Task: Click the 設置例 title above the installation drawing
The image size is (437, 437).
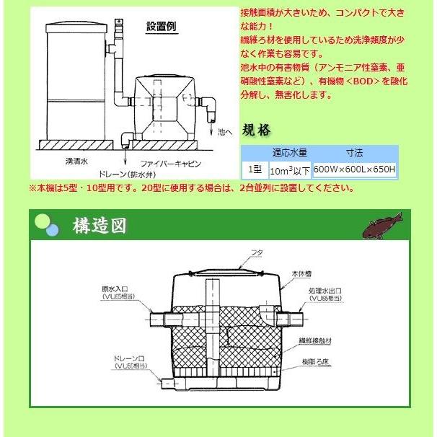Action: click(x=162, y=27)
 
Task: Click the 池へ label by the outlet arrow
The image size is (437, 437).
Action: click(x=226, y=133)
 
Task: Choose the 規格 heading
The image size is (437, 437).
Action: click(x=257, y=131)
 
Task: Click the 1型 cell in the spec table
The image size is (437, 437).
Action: click(x=255, y=170)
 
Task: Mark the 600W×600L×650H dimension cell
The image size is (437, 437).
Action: click(x=355, y=170)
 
